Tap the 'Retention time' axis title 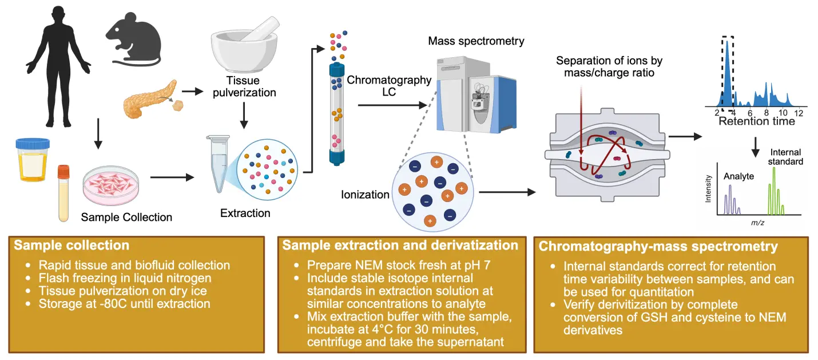756,121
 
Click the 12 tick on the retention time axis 800,113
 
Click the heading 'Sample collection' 72,246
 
